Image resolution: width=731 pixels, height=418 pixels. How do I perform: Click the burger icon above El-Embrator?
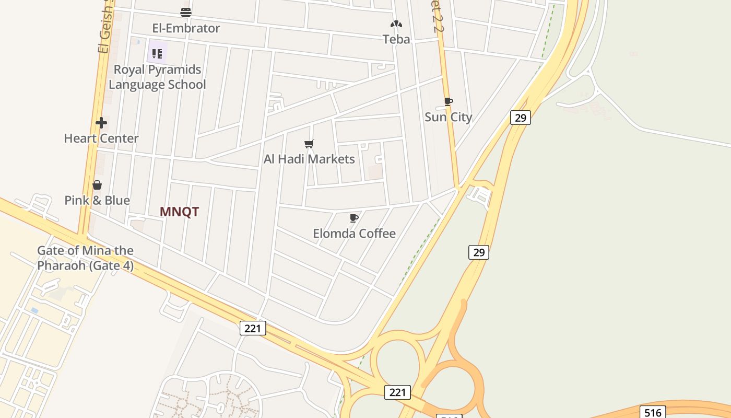(x=186, y=12)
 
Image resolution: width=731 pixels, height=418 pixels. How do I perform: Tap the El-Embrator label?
(x=186, y=28)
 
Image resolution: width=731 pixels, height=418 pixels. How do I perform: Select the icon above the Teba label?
(x=396, y=24)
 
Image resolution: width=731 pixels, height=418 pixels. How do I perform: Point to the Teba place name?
(x=396, y=39)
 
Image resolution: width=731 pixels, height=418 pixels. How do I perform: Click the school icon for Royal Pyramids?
(x=157, y=53)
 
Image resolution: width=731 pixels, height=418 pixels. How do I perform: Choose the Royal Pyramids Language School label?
(x=157, y=77)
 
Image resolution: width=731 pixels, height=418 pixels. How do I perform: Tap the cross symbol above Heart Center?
(x=101, y=123)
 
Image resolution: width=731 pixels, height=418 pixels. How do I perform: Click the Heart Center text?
(x=101, y=138)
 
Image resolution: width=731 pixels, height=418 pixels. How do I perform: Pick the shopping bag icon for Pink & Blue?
(x=97, y=185)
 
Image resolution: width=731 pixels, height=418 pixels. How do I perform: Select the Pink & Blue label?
(x=97, y=200)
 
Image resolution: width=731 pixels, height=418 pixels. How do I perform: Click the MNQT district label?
(x=179, y=212)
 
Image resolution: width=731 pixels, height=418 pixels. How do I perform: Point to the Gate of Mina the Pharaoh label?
(x=85, y=258)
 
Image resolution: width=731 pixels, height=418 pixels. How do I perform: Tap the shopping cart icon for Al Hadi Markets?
(x=309, y=144)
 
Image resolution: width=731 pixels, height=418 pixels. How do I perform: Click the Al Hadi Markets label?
(x=309, y=159)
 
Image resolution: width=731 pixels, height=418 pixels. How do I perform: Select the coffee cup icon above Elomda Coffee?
(x=354, y=218)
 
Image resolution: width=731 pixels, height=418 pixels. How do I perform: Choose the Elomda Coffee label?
(x=354, y=234)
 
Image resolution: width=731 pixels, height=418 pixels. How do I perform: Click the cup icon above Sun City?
(x=448, y=101)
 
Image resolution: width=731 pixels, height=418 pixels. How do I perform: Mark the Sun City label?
(x=448, y=117)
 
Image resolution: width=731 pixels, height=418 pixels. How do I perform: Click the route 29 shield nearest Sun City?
(x=520, y=118)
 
